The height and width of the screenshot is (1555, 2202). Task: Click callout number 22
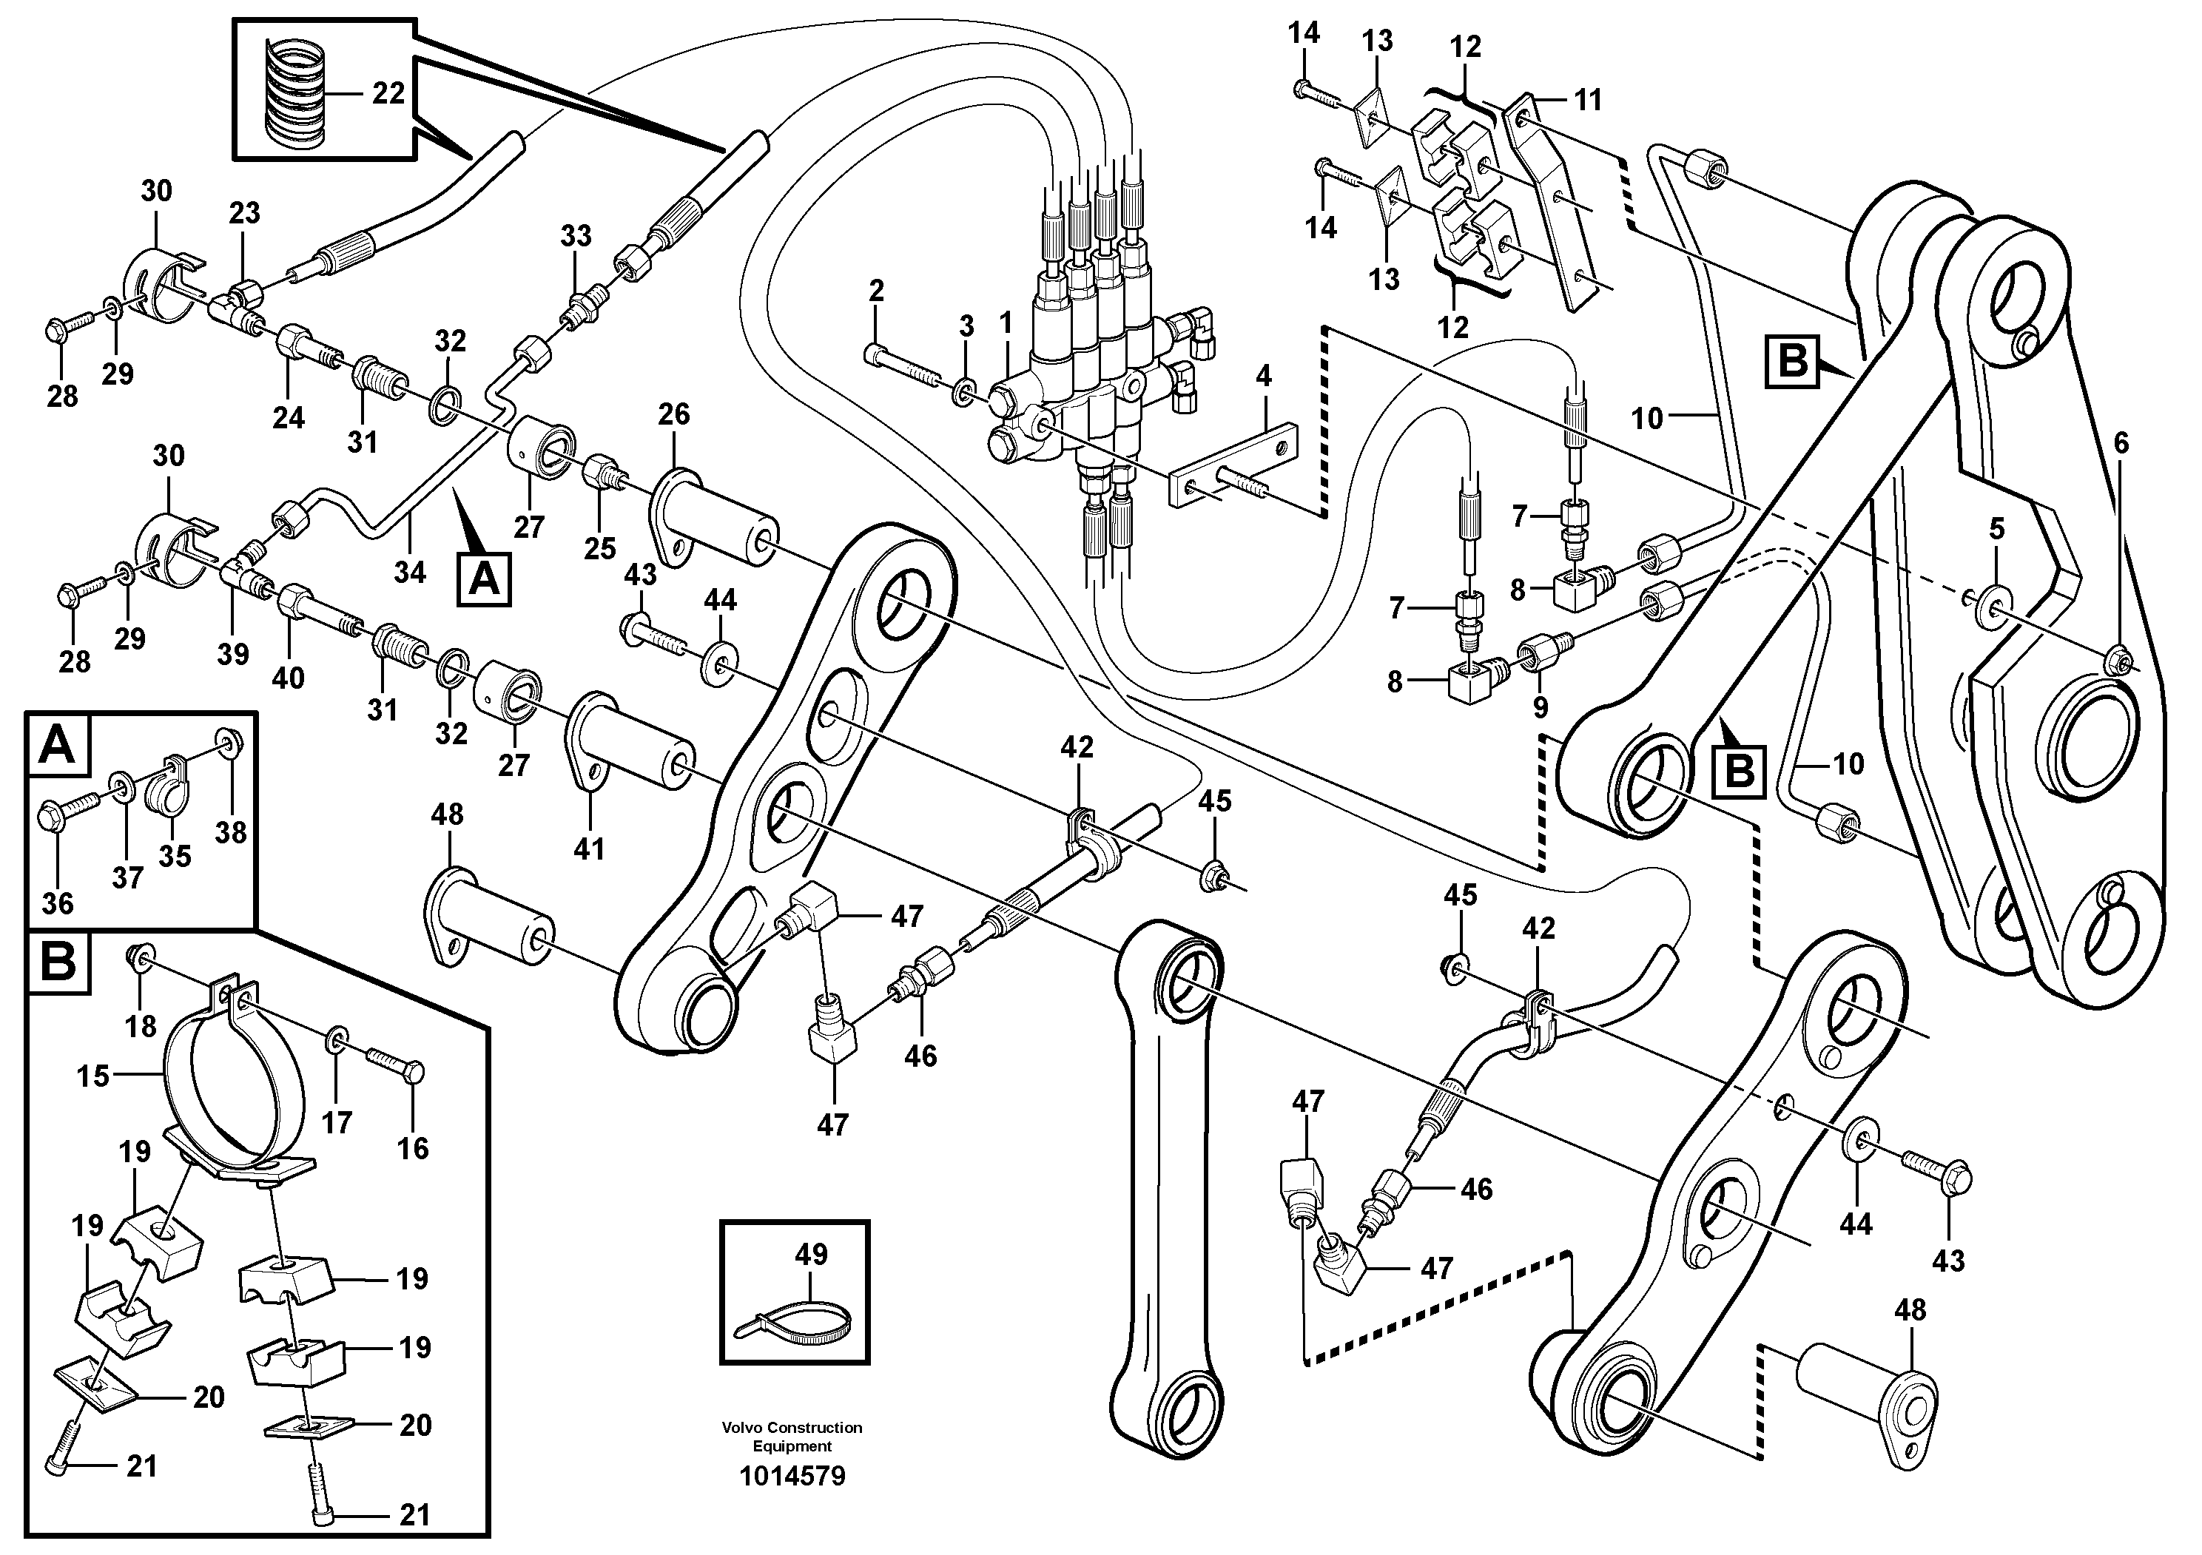(x=388, y=94)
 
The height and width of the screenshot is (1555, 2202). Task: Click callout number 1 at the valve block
(x=1005, y=324)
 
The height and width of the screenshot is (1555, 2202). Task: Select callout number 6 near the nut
(x=2121, y=443)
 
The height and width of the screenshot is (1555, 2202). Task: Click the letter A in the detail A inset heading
(x=58, y=745)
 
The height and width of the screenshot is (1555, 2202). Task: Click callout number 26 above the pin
(x=673, y=414)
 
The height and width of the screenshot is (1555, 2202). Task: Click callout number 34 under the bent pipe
(x=409, y=573)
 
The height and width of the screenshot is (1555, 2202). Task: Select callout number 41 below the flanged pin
(x=589, y=849)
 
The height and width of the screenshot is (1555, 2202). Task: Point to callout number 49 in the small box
(x=812, y=1254)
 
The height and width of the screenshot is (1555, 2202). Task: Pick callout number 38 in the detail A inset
(x=230, y=832)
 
